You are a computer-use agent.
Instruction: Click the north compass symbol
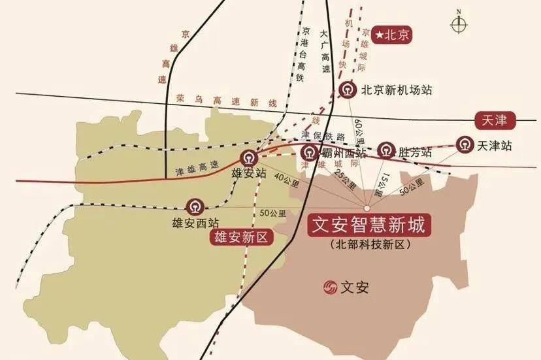pos(459,24)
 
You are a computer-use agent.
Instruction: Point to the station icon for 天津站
pos(465,144)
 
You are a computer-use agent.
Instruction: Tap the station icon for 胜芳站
pos(387,151)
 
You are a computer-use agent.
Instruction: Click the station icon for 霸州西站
pos(309,153)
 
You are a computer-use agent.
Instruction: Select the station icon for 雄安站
pos(248,157)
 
